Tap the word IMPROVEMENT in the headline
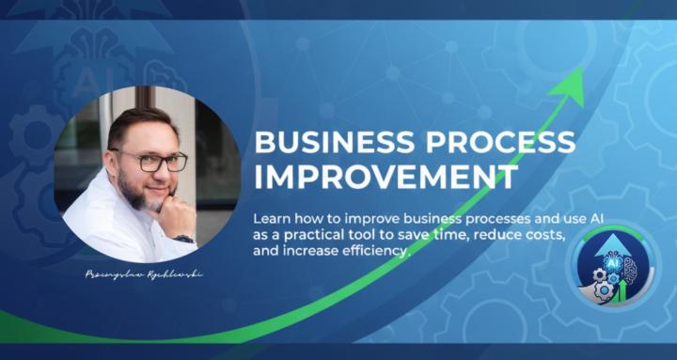[x=386, y=176]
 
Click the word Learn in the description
[x=273, y=216]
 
